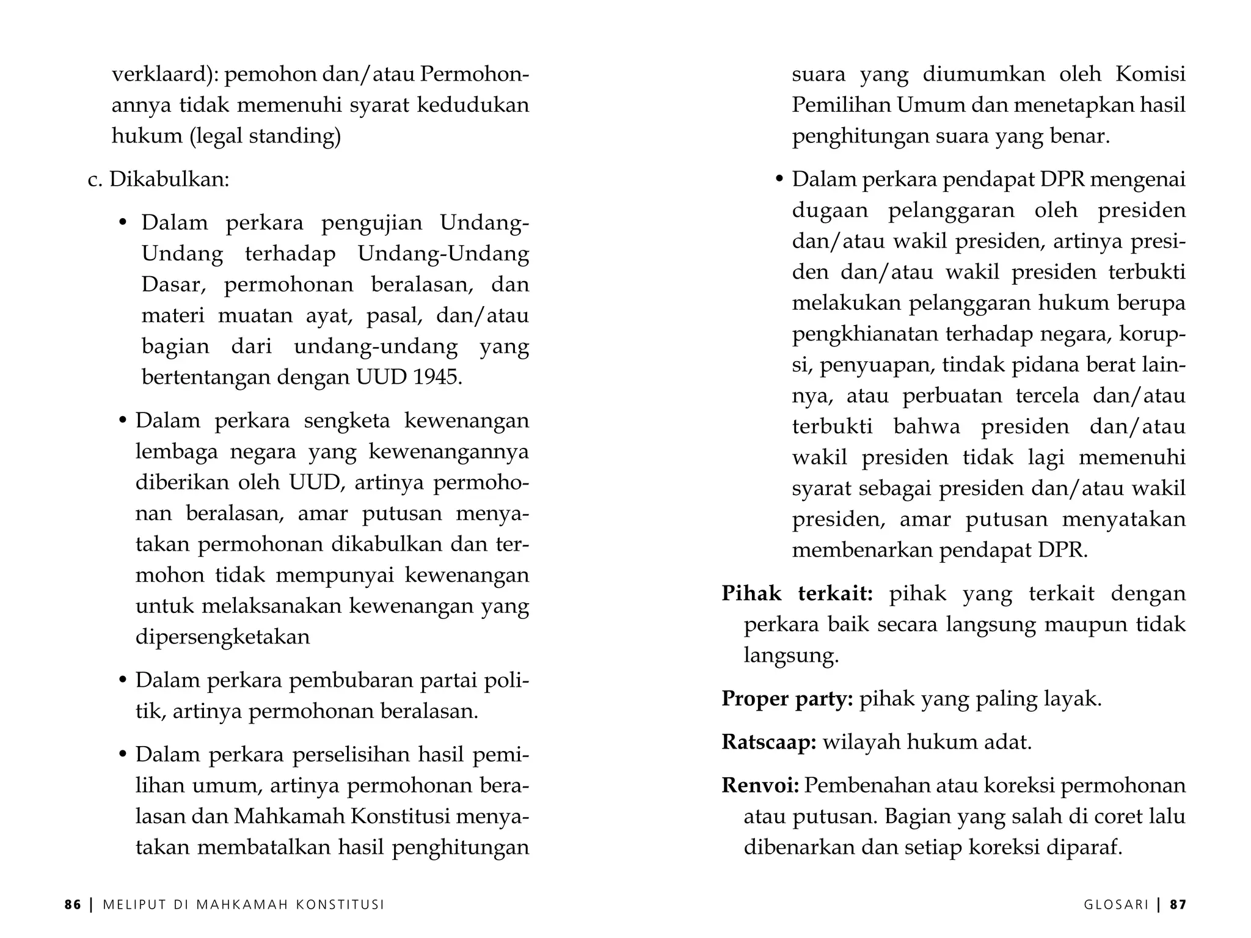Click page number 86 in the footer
point(73,904)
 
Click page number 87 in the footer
point(1178,904)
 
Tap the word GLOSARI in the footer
point(1117,904)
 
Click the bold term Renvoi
point(760,785)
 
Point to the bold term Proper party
point(787,698)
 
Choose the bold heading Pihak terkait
point(797,593)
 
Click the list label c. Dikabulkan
point(159,180)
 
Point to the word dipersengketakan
point(222,637)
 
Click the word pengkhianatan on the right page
point(865,334)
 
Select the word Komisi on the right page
point(1150,74)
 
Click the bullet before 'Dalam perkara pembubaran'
point(123,680)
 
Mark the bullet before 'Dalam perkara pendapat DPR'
point(779,180)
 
